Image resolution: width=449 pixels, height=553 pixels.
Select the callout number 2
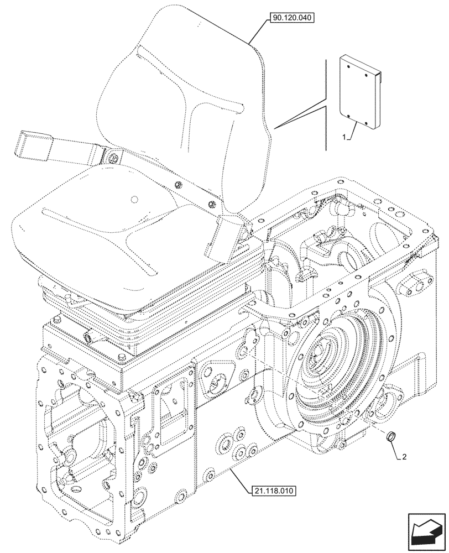[x=405, y=457]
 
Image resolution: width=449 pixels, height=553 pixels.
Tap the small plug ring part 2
[x=390, y=438]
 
